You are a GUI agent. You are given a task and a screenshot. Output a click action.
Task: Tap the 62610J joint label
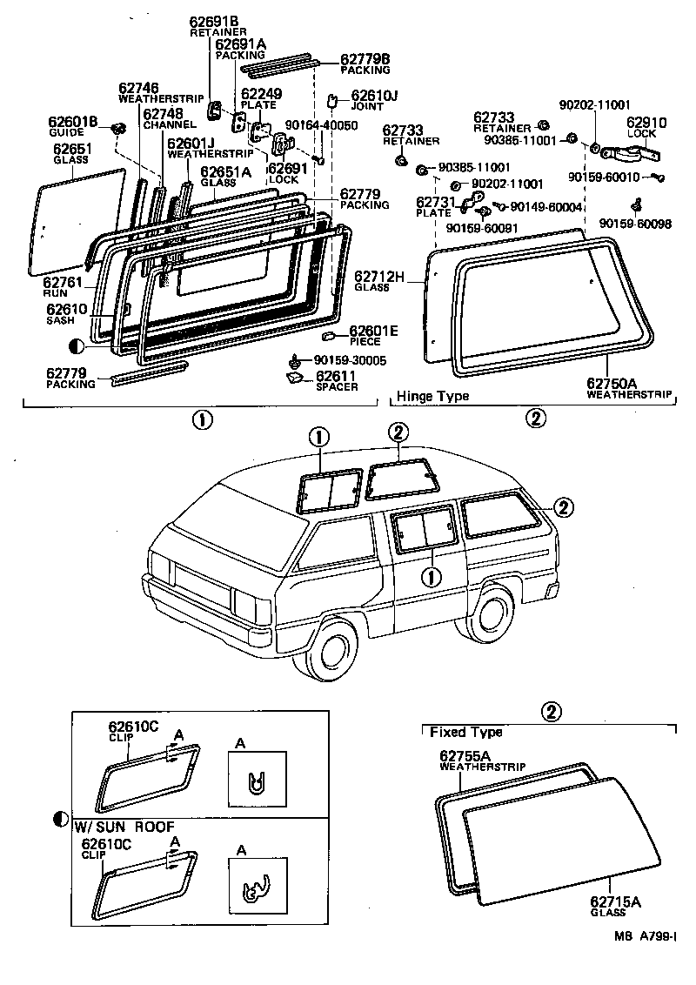374,97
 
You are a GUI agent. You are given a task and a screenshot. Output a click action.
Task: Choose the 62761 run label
62,286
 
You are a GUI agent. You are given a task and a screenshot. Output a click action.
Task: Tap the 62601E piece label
373,335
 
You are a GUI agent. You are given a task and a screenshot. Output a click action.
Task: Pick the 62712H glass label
379,281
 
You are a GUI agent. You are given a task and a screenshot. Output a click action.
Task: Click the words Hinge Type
432,397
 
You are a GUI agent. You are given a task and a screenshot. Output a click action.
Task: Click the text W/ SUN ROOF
124,826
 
